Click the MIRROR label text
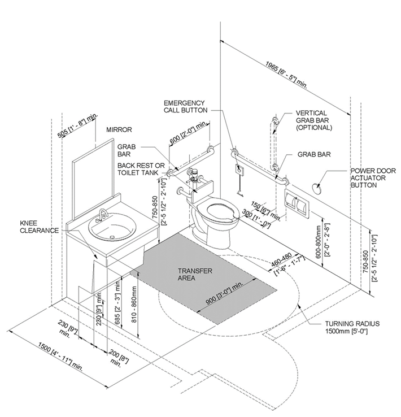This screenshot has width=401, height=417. (x=119, y=129)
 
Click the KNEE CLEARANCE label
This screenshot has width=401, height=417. (x=40, y=227)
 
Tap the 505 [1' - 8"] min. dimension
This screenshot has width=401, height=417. (x=78, y=125)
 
